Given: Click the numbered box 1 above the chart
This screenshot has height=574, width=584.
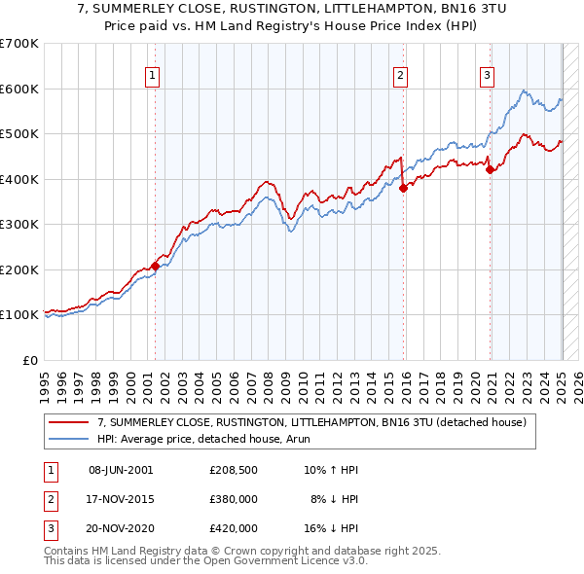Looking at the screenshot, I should point(154,77).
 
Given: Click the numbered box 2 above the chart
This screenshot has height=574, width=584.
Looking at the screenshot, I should point(401,77).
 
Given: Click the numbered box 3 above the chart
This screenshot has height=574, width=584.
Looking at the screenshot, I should point(487,77).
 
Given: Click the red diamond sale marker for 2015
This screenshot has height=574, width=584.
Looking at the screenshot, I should point(403,189).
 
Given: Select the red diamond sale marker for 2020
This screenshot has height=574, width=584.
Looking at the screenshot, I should point(490,170).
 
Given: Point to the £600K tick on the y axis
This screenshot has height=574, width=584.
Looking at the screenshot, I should point(18,89).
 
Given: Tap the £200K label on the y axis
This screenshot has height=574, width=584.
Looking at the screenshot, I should point(18,269).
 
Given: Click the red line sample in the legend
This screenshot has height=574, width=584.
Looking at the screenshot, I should point(69,422).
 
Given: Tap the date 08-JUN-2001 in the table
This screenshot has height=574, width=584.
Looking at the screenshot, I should point(121,470).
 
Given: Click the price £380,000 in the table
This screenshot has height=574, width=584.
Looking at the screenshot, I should point(234,499).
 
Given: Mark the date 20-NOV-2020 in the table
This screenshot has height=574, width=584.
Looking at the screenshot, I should point(121,528).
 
